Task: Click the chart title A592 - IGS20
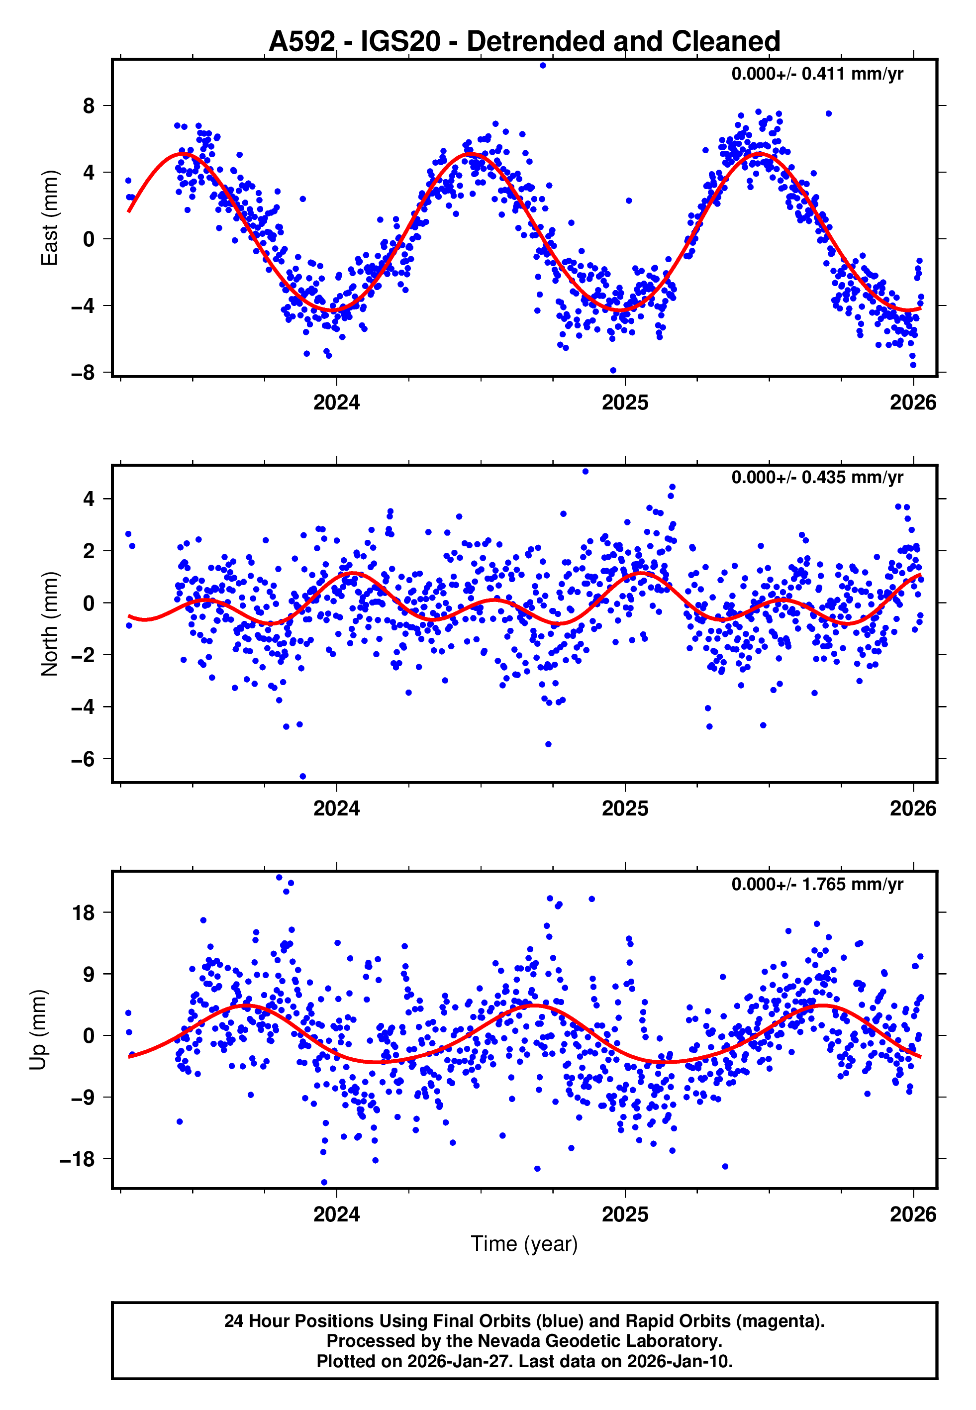[x=524, y=42]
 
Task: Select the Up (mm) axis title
[x=38, y=1030]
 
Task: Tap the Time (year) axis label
[x=524, y=1244]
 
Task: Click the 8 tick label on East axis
[x=89, y=106]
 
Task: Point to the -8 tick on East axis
[x=83, y=372]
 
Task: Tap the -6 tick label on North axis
[x=83, y=759]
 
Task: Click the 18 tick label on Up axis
[x=84, y=913]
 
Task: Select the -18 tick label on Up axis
[x=77, y=1159]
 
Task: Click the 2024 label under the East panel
[x=336, y=403]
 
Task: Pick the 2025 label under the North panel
[x=624, y=808]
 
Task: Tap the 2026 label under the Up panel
[x=912, y=1214]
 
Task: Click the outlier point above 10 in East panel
[x=542, y=65]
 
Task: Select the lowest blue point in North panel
[x=303, y=777]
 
